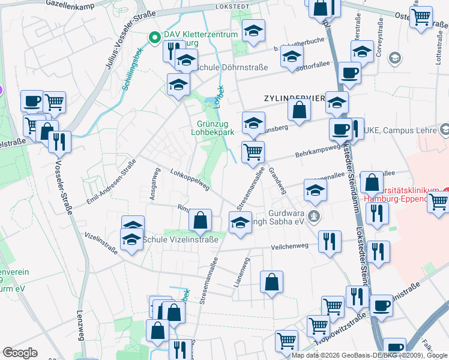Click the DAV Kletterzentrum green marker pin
[154, 36]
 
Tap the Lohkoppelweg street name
[190, 179]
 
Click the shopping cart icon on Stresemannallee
[253, 152]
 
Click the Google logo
[20, 353]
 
